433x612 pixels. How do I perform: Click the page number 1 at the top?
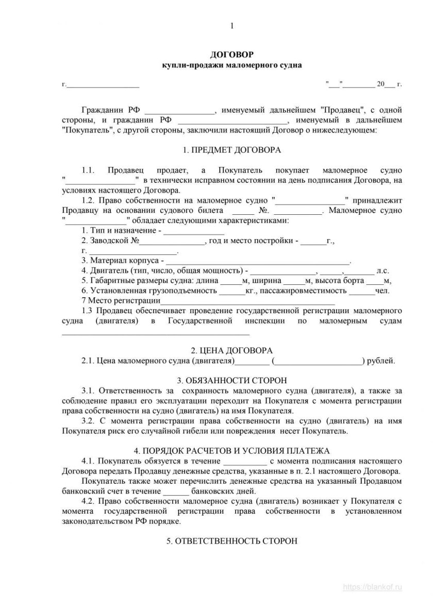click(232, 26)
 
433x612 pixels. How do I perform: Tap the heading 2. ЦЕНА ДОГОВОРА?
click(232, 350)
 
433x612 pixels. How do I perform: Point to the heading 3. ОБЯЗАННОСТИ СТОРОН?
click(232, 381)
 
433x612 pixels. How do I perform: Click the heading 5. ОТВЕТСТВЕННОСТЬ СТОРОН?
click(232, 541)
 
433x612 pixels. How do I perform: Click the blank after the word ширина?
click(294, 281)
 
